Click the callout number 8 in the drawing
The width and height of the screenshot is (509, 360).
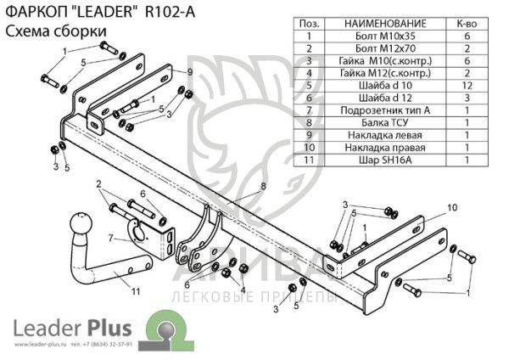(263, 185)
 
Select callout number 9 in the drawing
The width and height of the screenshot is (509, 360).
(189, 71)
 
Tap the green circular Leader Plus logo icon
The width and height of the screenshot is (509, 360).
(162, 328)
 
